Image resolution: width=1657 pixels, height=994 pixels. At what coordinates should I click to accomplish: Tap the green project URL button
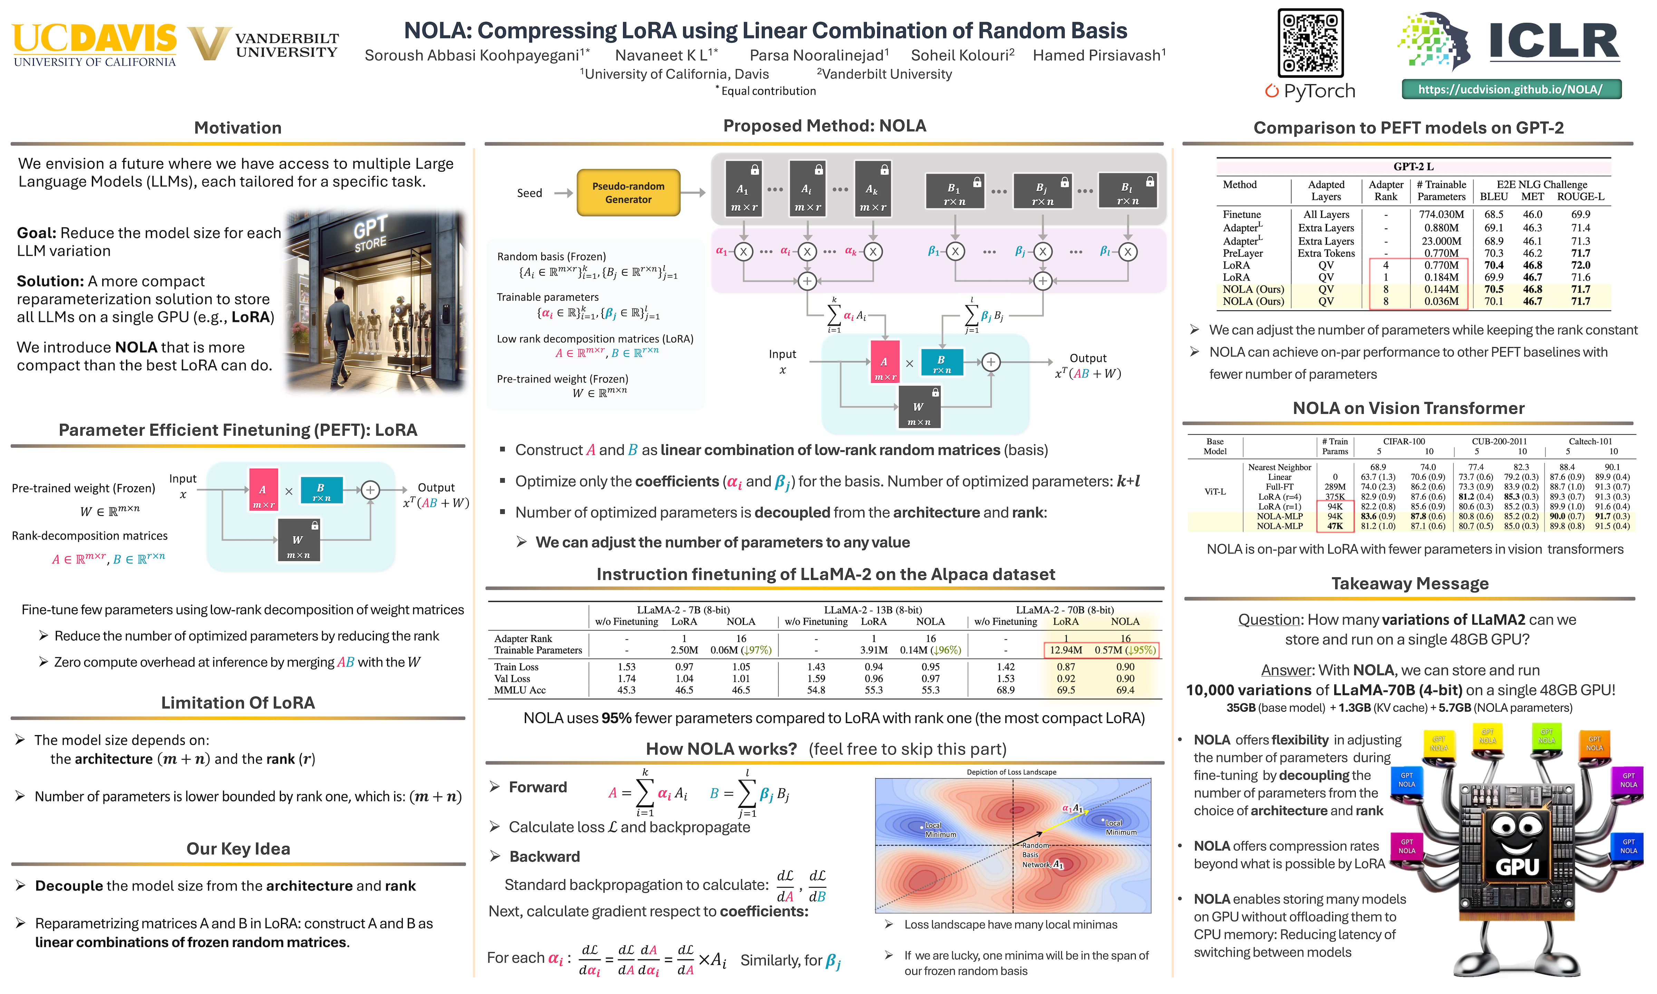point(1511,89)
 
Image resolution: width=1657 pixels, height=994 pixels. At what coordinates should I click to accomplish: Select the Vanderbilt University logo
point(263,44)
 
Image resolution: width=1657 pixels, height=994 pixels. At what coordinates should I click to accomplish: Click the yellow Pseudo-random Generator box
point(628,193)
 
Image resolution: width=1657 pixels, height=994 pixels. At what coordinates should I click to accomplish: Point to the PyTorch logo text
point(1310,91)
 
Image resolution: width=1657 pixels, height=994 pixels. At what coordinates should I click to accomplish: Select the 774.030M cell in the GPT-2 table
point(1441,214)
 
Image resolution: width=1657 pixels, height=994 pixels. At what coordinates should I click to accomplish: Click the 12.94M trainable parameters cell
point(1066,650)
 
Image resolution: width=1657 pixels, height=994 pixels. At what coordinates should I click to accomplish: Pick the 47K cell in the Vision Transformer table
point(1335,526)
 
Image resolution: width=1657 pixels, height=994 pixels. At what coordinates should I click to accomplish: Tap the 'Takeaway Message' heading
point(1410,583)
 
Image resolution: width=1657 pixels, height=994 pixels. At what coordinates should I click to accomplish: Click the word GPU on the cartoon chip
point(1517,867)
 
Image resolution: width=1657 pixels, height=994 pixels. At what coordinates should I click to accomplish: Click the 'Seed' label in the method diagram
point(529,193)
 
